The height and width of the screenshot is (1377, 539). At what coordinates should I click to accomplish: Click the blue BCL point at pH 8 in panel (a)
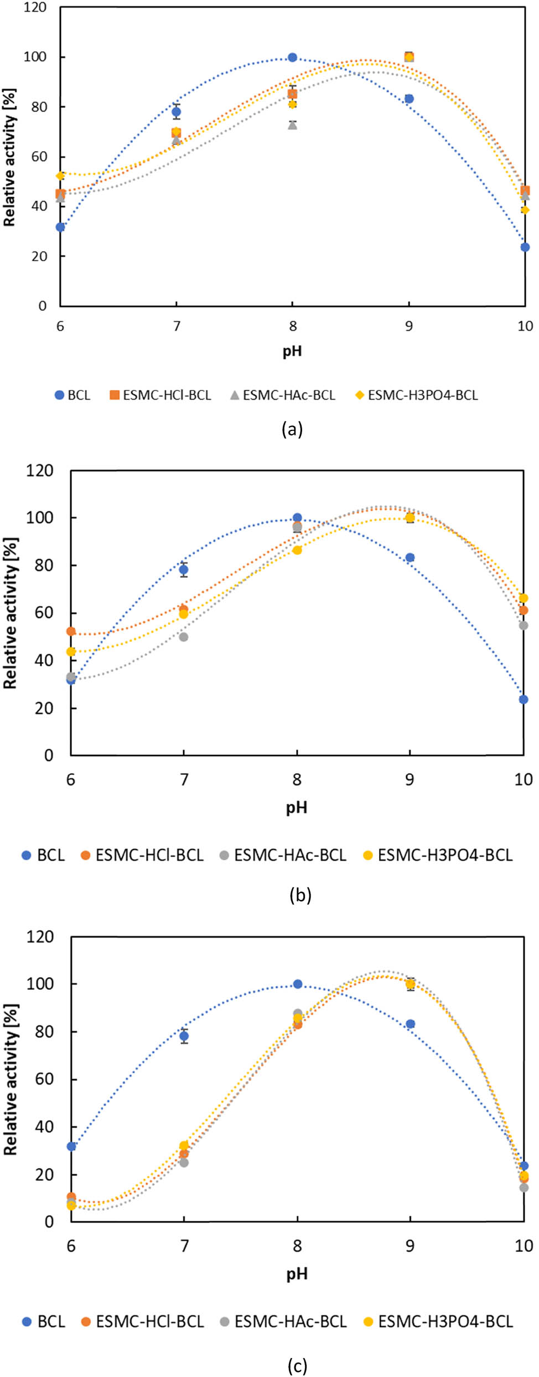[x=292, y=58]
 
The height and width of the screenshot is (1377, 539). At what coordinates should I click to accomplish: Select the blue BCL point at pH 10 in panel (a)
[x=525, y=247]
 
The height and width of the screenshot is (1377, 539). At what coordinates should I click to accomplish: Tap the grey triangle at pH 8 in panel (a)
[x=292, y=125]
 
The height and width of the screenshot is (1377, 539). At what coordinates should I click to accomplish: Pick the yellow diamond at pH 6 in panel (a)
[x=60, y=176]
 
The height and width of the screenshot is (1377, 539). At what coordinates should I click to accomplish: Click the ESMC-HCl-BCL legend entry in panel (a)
[x=160, y=395]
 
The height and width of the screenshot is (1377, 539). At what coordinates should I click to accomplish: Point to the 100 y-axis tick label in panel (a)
[x=35, y=57]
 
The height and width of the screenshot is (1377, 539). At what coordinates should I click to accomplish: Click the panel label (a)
[x=292, y=429]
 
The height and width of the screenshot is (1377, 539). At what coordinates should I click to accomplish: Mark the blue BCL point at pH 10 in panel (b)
[x=524, y=700]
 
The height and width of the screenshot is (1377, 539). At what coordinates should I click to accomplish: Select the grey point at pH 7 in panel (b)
[x=184, y=637]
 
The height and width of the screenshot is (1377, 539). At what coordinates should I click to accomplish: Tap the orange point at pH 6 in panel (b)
[x=71, y=631]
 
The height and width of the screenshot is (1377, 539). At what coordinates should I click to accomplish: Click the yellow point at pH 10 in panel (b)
[x=524, y=598]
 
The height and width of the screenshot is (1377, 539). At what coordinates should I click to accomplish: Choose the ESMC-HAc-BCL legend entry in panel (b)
[x=283, y=855]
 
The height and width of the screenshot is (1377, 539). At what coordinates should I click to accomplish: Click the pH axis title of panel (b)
[x=297, y=808]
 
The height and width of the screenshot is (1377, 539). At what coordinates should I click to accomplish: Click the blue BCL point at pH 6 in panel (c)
[x=71, y=1147]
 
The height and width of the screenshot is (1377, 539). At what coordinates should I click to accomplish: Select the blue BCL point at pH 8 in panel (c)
[x=297, y=984]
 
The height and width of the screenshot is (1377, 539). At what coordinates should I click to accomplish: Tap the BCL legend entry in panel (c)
[x=44, y=1322]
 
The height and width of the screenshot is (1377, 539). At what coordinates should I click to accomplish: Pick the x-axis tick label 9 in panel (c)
[x=410, y=1246]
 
